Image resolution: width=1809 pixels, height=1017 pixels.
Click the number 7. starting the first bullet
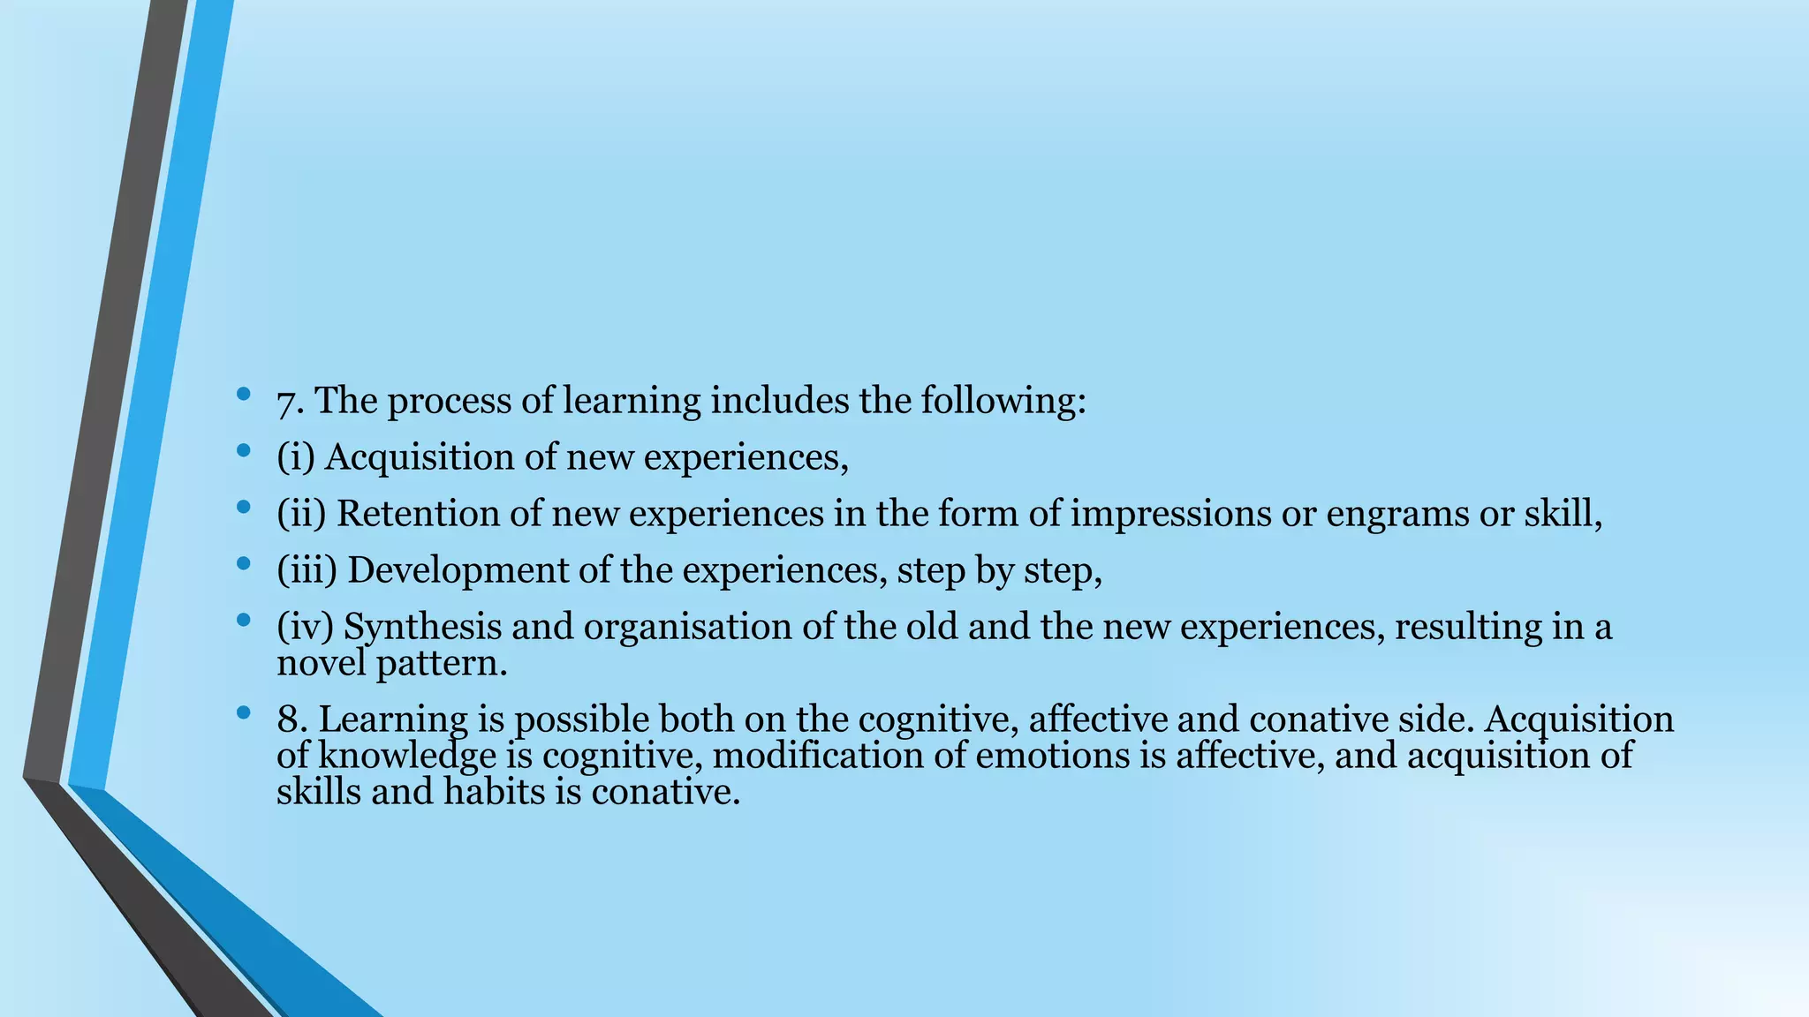coord(291,403)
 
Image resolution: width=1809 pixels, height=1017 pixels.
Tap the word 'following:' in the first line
coord(1003,403)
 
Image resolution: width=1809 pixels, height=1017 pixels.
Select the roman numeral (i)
coord(296,458)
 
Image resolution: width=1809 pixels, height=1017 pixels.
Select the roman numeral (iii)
coord(307,571)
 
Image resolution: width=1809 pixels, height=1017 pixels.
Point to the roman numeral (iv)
coord(305,628)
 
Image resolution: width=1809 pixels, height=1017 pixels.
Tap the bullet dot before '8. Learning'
coord(244,712)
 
